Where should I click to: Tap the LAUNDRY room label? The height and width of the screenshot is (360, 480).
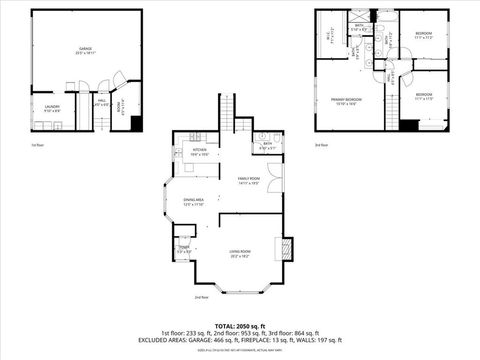click(x=52, y=107)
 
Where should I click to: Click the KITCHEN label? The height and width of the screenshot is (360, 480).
click(x=199, y=151)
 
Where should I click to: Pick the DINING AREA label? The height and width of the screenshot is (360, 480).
click(x=194, y=201)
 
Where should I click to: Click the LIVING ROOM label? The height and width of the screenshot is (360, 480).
click(x=239, y=253)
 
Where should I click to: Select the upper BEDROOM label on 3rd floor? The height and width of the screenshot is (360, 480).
click(x=424, y=35)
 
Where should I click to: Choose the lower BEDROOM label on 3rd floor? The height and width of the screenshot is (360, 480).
click(x=424, y=94)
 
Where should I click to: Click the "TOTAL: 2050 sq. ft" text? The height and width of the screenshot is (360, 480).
click(x=240, y=326)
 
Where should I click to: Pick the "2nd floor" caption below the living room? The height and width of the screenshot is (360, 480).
click(x=201, y=297)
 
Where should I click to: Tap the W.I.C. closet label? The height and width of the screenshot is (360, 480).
click(x=329, y=37)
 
